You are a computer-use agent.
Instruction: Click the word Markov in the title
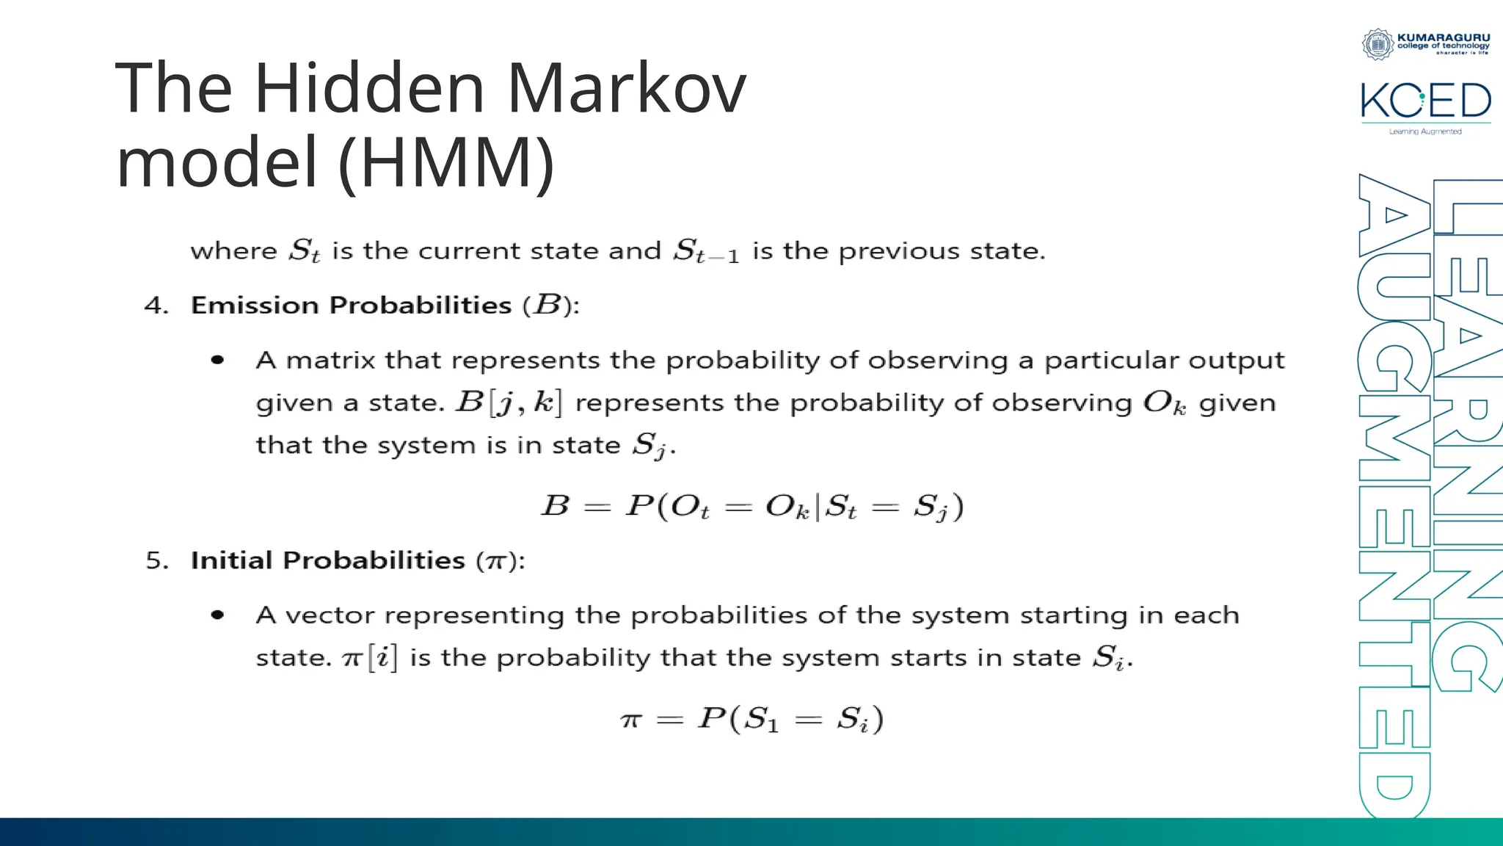point(626,89)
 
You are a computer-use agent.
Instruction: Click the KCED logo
point(1425,101)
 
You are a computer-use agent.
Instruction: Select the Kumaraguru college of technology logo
point(1425,43)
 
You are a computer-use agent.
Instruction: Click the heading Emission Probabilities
point(351,305)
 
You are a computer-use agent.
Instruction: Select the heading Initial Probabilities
point(327,560)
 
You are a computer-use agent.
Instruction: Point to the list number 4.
point(156,305)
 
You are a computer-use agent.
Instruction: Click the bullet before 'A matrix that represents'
point(217,360)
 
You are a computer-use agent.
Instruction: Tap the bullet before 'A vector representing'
point(217,615)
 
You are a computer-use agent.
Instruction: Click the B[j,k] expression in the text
point(509,402)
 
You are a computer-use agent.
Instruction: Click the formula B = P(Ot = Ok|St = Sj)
point(751,507)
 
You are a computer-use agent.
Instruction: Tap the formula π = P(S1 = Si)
point(751,718)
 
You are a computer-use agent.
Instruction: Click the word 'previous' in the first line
point(899,252)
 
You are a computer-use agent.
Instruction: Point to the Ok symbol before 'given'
point(1164,403)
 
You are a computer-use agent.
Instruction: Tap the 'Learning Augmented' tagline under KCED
point(1425,131)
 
